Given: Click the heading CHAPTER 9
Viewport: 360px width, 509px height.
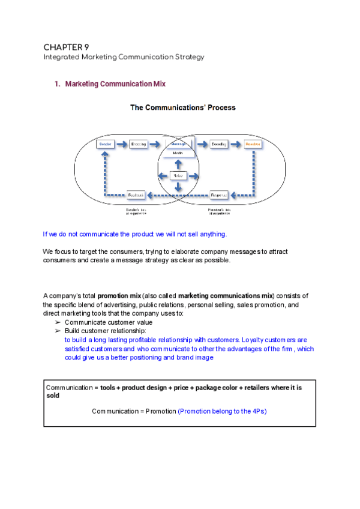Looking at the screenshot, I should pos(66,47).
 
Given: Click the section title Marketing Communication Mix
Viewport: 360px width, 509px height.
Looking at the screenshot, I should pos(115,84).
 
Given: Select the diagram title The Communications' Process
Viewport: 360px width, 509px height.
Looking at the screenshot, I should pos(183,108).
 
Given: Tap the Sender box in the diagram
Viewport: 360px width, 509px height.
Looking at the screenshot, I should pos(105,145).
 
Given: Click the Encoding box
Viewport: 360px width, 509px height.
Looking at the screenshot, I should pos(139,145).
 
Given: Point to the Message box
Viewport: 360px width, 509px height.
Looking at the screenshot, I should pos(178,145).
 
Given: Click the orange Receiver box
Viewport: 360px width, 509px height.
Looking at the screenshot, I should pos(251,145).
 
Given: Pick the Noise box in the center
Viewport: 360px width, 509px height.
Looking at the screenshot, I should pos(178,176).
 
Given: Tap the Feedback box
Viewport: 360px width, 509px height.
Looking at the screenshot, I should pos(136,194).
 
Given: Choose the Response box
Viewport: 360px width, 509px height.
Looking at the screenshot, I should pos(220,194).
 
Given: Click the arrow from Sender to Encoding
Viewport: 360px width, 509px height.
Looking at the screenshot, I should pos(122,145).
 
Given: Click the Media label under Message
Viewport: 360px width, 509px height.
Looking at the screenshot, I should pos(178,154).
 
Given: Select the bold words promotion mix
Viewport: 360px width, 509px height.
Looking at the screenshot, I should pos(119,296).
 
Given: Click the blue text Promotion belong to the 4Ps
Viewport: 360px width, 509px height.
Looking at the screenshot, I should pos(221,411).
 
